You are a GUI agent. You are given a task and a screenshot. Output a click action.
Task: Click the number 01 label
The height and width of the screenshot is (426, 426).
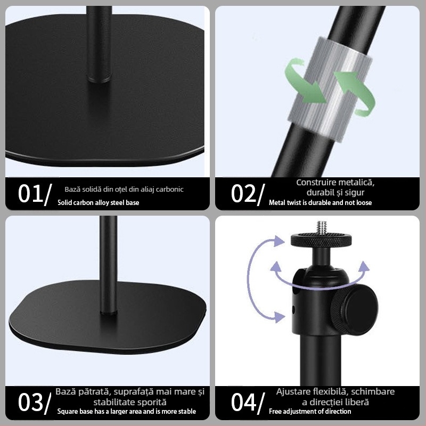[35, 194]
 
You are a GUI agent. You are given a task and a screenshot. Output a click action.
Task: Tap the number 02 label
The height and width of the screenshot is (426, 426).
[248, 194]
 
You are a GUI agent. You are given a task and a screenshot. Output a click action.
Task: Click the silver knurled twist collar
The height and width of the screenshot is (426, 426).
[330, 89]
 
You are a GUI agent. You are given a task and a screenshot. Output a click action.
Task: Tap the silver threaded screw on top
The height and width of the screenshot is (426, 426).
[322, 228]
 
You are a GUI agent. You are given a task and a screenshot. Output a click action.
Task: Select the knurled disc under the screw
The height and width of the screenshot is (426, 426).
[322, 240]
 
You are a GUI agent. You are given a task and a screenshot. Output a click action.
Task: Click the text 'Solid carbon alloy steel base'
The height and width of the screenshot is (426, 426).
[99, 203]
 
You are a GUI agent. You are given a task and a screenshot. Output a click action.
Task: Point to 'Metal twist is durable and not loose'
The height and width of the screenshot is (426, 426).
[321, 203]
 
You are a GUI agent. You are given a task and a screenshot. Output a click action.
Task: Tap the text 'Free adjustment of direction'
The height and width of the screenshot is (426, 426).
[310, 411]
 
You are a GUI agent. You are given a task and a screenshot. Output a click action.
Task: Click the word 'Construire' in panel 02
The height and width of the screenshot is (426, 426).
[315, 182]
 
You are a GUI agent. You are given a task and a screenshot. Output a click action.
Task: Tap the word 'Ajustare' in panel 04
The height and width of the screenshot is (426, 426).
[293, 392]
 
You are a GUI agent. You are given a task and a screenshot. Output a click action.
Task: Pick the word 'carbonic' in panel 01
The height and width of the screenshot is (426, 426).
[170, 190]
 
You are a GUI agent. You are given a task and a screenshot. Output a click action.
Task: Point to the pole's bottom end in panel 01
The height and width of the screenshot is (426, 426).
[99, 79]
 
